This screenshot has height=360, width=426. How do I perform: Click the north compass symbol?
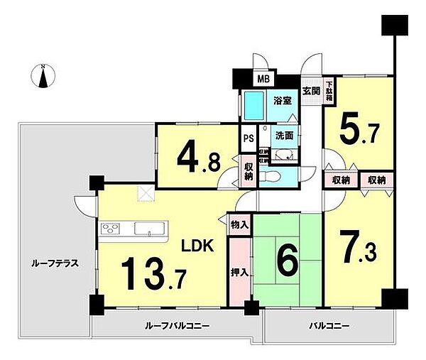click(x=43, y=76)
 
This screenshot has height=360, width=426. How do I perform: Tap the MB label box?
click(x=263, y=79)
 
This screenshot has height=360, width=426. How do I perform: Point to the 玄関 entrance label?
click(x=310, y=91)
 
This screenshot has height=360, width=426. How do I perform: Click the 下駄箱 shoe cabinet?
click(x=329, y=93)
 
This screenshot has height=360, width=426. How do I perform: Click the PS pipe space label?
click(x=248, y=138)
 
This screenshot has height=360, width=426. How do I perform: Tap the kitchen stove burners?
click(x=111, y=229)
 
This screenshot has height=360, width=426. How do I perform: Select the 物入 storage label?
click(x=239, y=225)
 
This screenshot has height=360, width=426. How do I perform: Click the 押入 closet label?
click(x=239, y=272)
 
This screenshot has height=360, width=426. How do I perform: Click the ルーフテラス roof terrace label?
click(x=54, y=263)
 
